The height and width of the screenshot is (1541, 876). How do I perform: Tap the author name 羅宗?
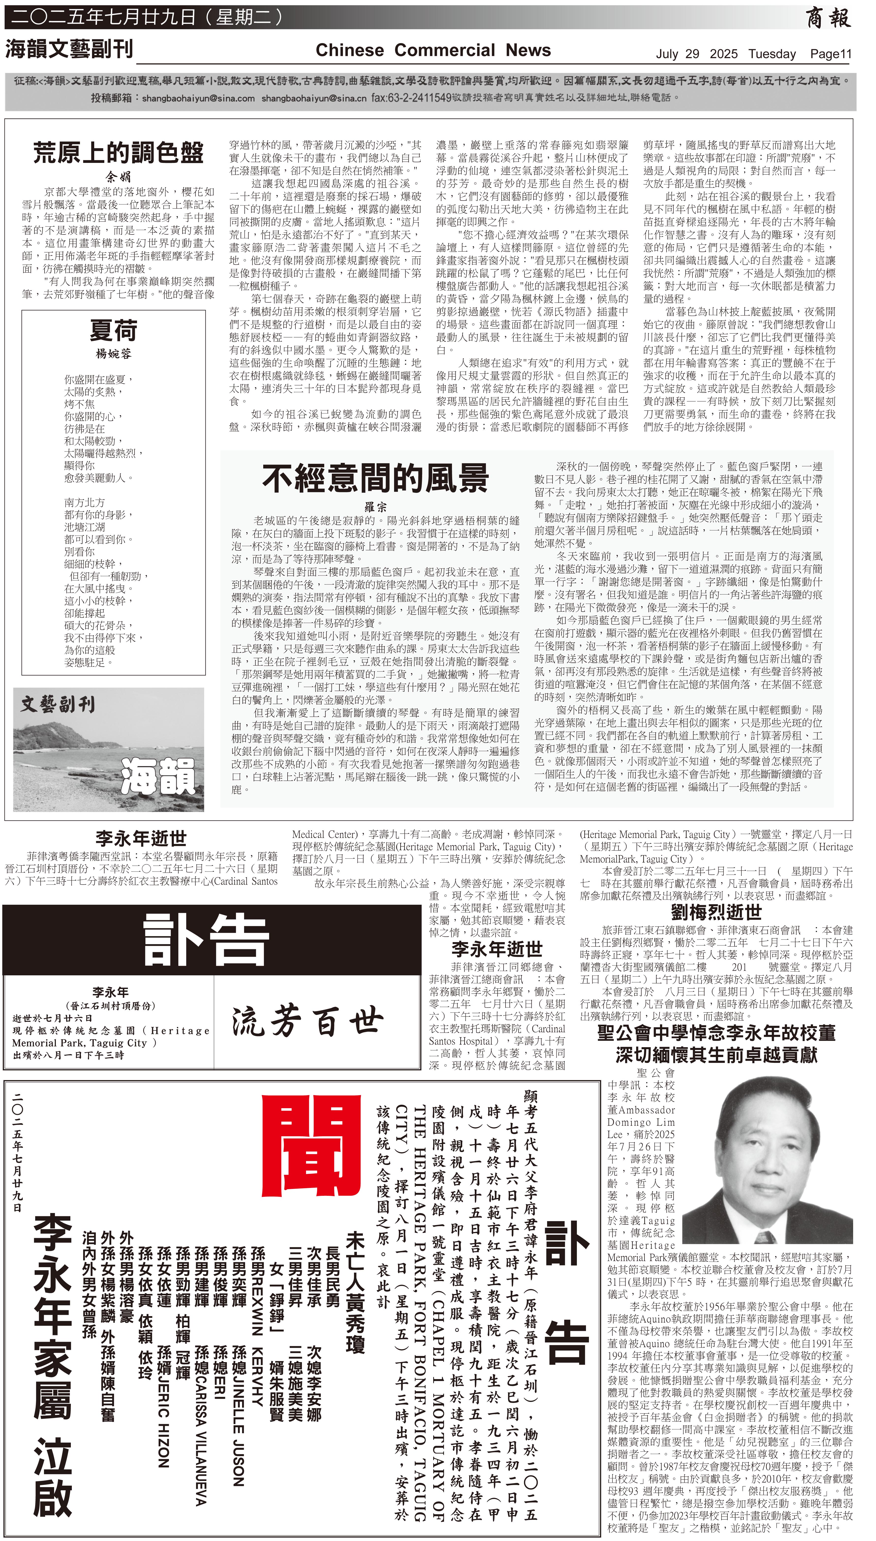(375, 507)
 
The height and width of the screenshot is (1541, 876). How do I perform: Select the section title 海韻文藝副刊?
(69, 49)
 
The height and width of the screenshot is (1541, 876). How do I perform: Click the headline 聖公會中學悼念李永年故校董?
(716, 1033)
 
